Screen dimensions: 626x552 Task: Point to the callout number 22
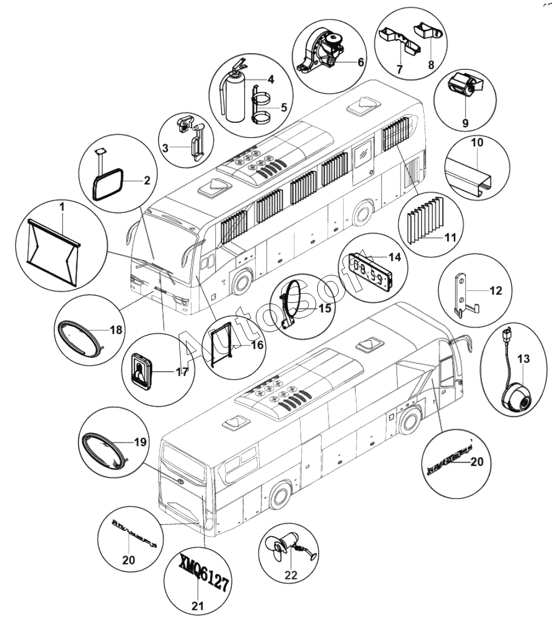[x=291, y=575]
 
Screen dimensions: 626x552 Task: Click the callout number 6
[x=360, y=63]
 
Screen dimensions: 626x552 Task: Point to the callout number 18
[x=116, y=330]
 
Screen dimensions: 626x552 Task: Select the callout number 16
[x=257, y=345]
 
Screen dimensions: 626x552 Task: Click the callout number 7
[x=399, y=69]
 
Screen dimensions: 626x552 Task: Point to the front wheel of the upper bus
[x=241, y=282]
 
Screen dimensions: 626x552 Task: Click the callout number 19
[x=140, y=442]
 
